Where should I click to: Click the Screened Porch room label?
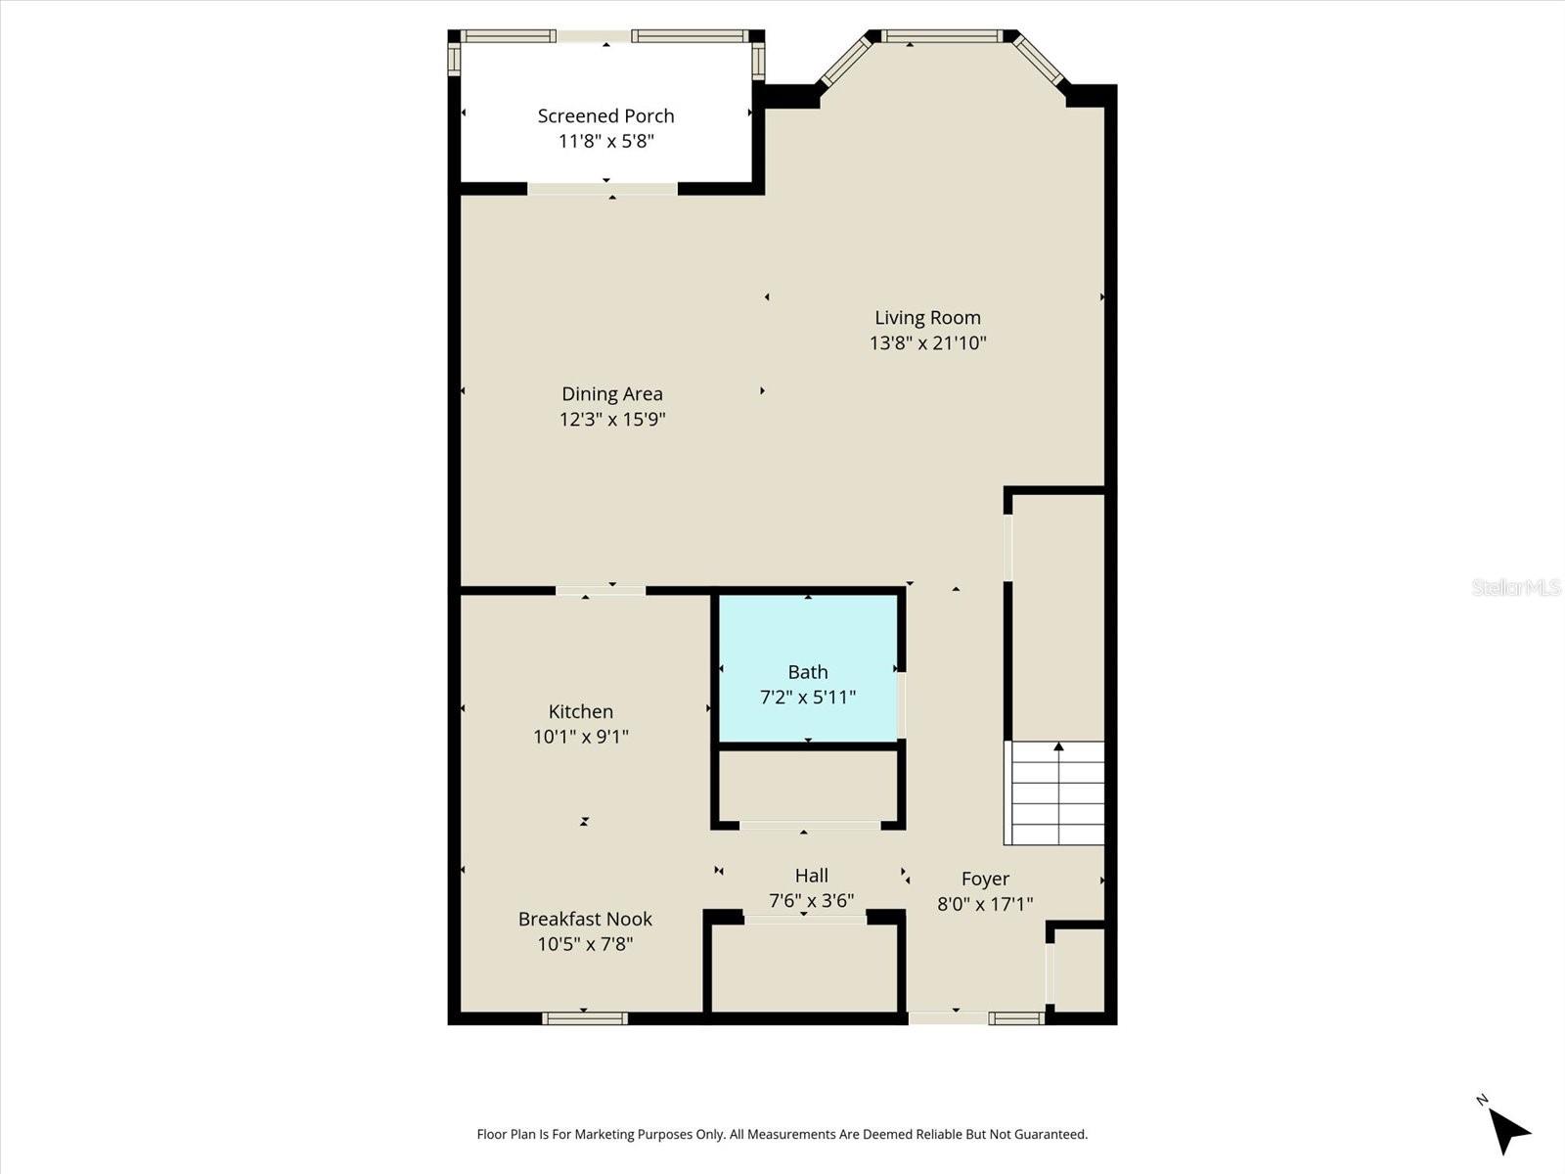[605, 115]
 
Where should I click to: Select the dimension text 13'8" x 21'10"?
[927, 343]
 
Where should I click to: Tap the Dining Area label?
[611, 393]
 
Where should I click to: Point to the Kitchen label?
[580, 711]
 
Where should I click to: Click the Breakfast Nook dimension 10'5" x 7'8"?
[585, 944]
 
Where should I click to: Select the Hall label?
[811, 876]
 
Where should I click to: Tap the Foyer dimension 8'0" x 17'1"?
[985, 904]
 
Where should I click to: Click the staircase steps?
[1056, 794]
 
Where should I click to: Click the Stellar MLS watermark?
[1515, 587]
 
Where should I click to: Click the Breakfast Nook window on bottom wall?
[585, 1018]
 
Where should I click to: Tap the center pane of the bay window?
[941, 36]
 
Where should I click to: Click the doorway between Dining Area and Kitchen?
[601, 590]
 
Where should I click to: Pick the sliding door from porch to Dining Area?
[603, 189]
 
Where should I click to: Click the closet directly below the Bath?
[808, 786]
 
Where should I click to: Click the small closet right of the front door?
[1079, 970]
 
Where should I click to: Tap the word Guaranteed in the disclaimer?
[1051, 1135]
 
